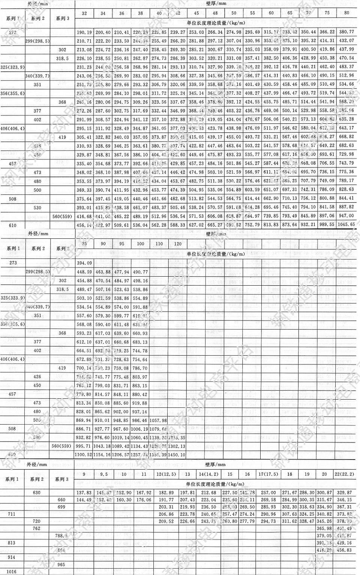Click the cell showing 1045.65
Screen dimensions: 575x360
[x=346, y=225]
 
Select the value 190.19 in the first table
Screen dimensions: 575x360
[x=84, y=32]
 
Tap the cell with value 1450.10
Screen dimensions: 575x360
[x=177, y=455]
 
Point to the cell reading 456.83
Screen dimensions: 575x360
[x=344, y=550]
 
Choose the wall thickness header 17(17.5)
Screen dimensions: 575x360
[x=268, y=474]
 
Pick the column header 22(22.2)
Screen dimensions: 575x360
[x=344, y=474]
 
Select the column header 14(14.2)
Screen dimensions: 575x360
[x=208, y=474]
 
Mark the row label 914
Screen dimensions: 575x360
[x=12, y=557]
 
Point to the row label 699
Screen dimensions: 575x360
[x=61, y=507]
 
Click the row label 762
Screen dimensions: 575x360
[x=37, y=529]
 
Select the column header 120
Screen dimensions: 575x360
[x=178, y=244]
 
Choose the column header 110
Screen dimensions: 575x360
[x=159, y=244]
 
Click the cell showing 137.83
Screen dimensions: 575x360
[x=84, y=493]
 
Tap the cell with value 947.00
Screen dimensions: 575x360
[x=346, y=216]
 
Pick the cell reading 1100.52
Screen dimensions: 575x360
[x=84, y=455]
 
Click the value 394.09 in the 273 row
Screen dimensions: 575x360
[x=84, y=263]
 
